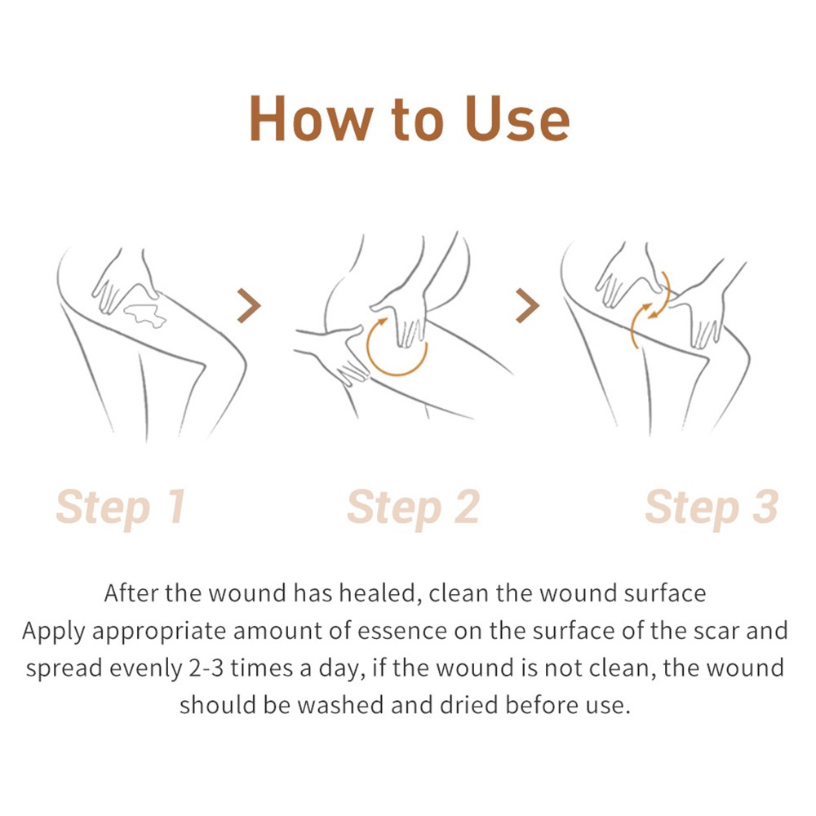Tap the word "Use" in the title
pos(518,118)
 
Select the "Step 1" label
pos(121,508)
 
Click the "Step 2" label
pos(413,508)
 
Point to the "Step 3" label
pos(712,508)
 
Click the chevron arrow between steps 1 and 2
pos(249,305)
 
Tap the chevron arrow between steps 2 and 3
pos(528,305)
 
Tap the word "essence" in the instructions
pos(401,632)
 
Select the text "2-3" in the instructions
pos(206,668)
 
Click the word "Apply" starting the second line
pos(54,632)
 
